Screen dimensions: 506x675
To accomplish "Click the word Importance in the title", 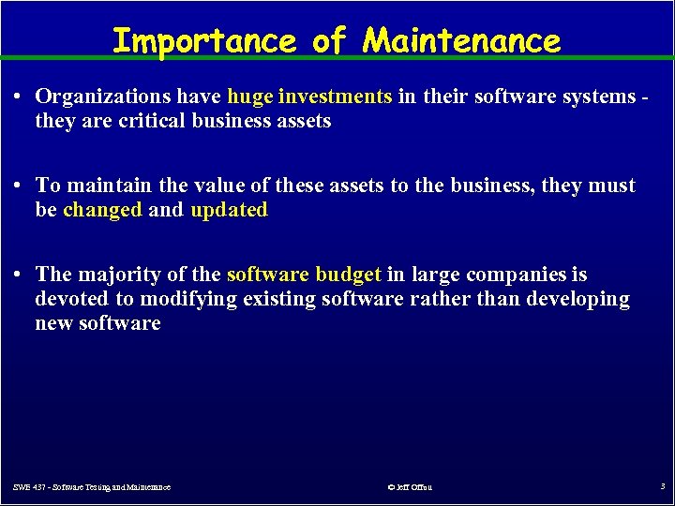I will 202,40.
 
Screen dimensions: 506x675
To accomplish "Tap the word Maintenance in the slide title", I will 462,40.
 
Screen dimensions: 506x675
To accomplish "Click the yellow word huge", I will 249,96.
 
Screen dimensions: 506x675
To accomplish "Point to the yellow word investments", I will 335,96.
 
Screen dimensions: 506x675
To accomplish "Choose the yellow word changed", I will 102,210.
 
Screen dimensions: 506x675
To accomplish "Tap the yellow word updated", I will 229,210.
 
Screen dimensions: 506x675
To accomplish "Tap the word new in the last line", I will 54,323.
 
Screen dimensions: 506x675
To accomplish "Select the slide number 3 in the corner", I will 662,486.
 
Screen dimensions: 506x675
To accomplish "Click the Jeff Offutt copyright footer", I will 410,487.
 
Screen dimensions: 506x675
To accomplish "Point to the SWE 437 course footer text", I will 92,487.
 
